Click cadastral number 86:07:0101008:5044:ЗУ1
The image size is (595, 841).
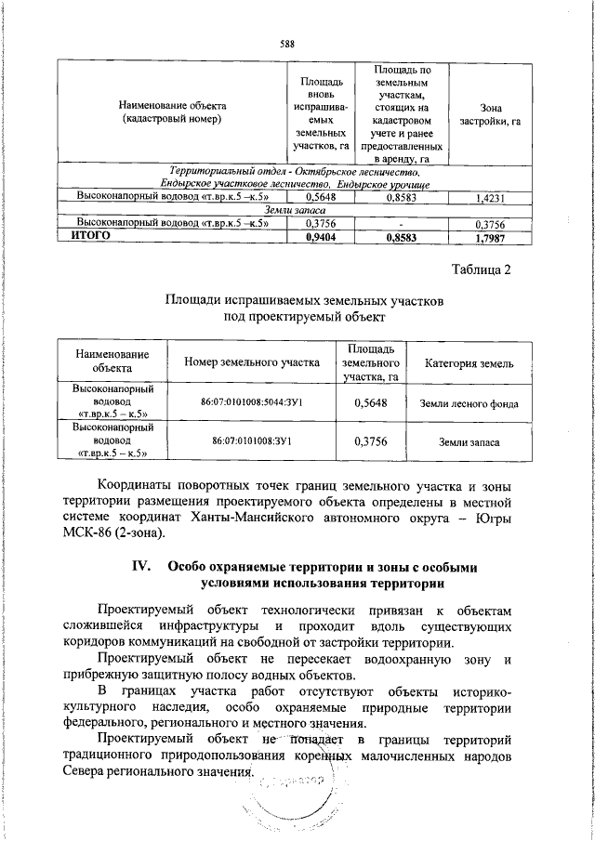point(252,403)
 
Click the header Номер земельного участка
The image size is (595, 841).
point(252,362)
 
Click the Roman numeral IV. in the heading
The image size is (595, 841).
point(149,568)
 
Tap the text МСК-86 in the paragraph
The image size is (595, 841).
point(89,532)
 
